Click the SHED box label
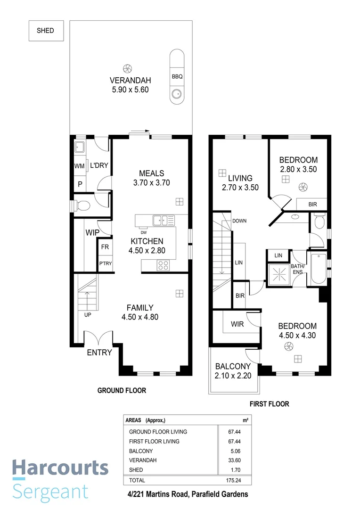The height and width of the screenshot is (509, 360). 45,31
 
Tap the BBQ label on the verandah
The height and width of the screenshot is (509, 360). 177,75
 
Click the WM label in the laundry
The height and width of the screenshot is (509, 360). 79,166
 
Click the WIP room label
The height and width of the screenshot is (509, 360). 92,233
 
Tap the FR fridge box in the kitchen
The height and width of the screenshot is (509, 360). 105,247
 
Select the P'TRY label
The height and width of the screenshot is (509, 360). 105,264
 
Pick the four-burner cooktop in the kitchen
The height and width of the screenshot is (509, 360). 163,265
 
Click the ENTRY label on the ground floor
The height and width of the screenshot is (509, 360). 99,353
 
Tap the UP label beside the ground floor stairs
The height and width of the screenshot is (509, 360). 87,315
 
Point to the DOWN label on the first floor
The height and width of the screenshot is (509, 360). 239,221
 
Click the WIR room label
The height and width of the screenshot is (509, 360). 237,324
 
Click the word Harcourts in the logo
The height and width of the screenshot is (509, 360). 60,468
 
